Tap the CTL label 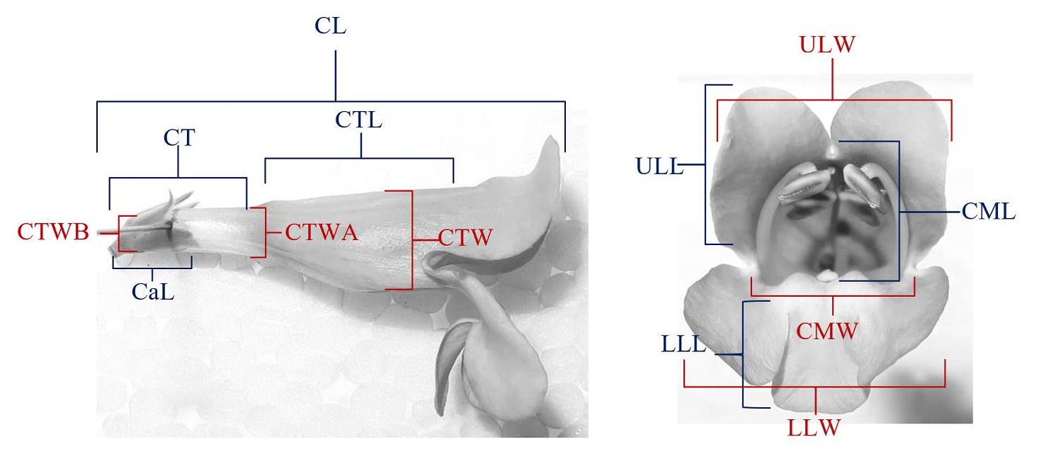tap(359, 120)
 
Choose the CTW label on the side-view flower tap(464, 239)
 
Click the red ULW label tap(834, 45)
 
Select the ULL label tap(657, 167)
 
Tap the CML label tap(989, 211)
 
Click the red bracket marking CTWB tap(120, 233)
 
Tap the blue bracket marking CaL tap(152, 267)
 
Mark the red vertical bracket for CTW tap(411, 240)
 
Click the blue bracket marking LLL tap(742, 354)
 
